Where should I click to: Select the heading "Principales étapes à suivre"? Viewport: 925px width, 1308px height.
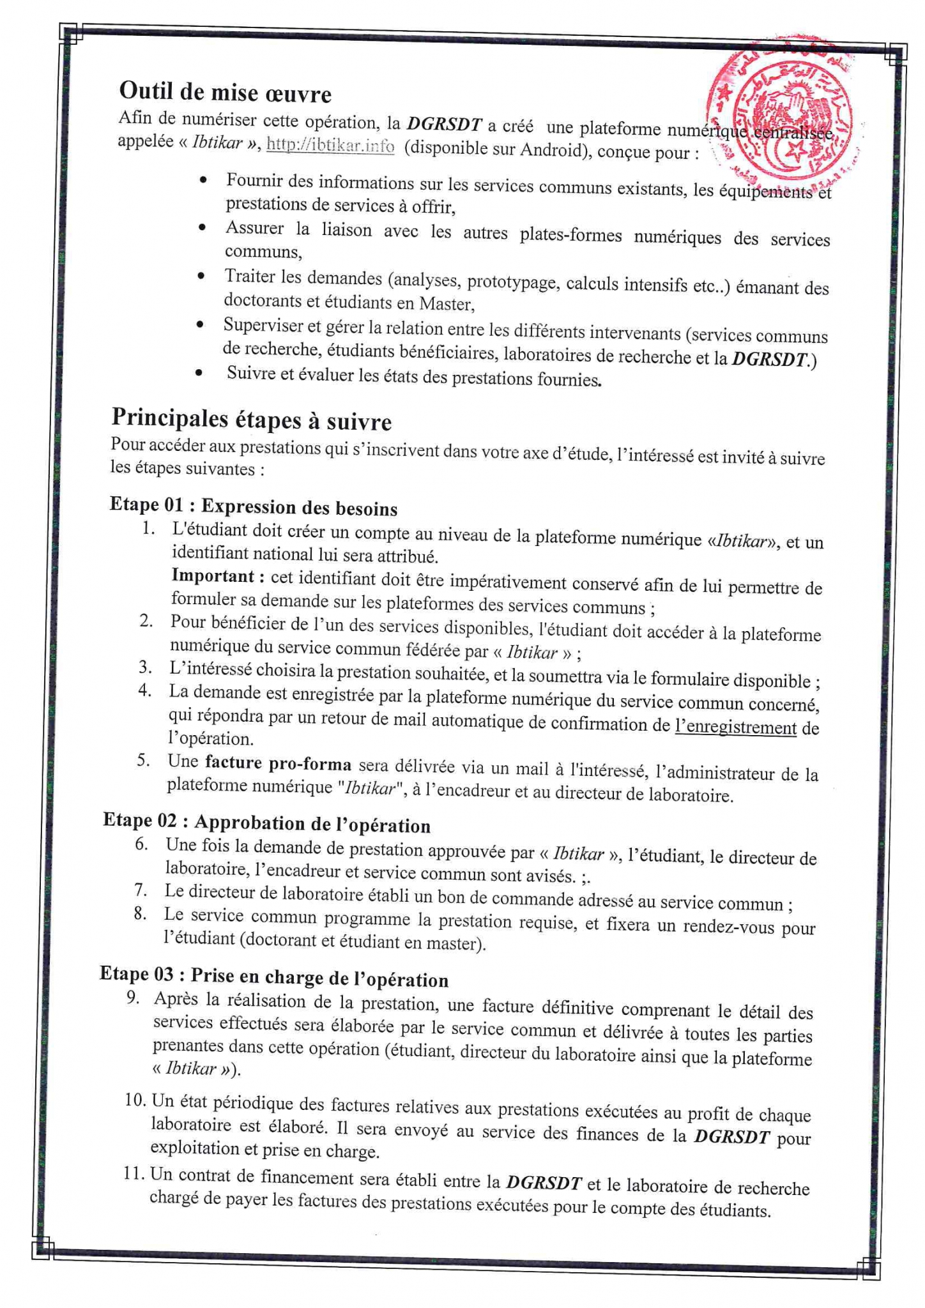[251, 419]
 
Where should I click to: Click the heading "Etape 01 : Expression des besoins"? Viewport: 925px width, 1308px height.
[254, 506]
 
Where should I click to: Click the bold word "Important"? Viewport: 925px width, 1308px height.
[213, 576]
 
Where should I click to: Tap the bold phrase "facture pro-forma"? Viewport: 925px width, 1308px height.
[278, 763]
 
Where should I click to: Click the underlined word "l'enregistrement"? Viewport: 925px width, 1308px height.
[735, 728]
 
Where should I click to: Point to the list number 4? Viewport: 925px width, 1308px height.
[145, 690]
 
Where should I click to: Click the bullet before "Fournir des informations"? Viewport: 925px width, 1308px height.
[203, 180]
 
